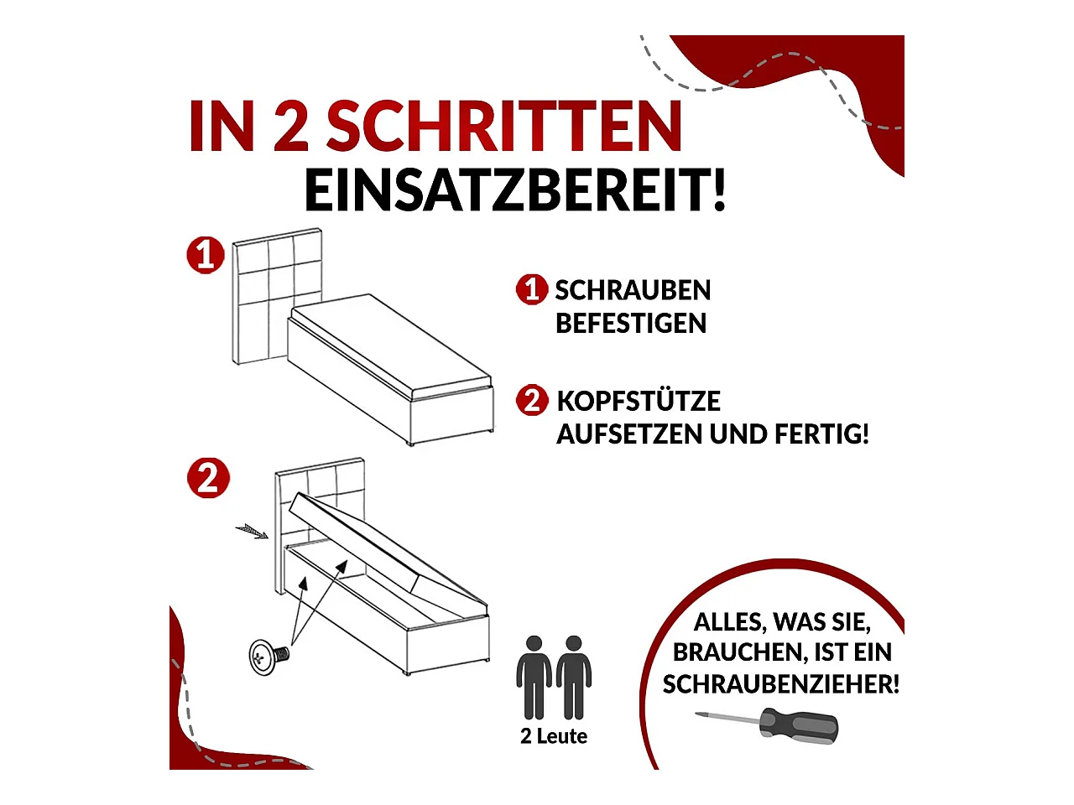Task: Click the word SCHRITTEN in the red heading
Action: click(x=504, y=126)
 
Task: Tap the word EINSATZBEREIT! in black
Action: click(x=514, y=190)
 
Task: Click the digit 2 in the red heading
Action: click(x=291, y=126)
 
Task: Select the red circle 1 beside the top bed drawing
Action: click(x=206, y=255)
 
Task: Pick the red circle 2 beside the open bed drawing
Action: click(x=208, y=479)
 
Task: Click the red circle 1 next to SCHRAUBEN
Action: click(x=532, y=290)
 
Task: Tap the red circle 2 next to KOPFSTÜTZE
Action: click(x=532, y=400)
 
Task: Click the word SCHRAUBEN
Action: click(x=633, y=290)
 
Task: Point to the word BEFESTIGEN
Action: click(x=631, y=324)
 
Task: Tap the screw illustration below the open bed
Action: click(x=269, y=657)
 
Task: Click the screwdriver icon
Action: click(x=767, y=725)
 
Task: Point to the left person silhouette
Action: click(x=534, y=678)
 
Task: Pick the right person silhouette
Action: click(x=573, y=678)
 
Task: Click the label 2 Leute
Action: click(x=554, y=736)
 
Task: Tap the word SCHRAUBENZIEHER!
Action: click(x=781, y=683)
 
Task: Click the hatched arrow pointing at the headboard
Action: click(x=252, y=532)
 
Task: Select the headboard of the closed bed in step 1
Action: click(x=277, y=296)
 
